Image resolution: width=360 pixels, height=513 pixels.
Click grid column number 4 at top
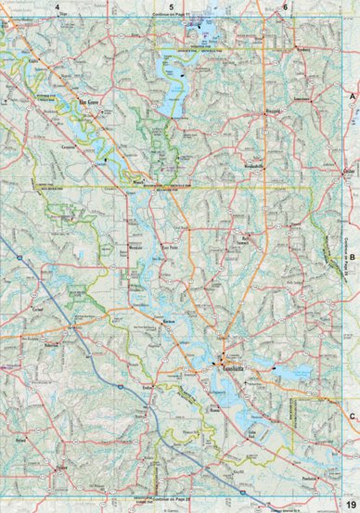tap(57, 7)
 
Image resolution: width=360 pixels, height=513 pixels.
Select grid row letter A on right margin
tap(352, 96)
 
